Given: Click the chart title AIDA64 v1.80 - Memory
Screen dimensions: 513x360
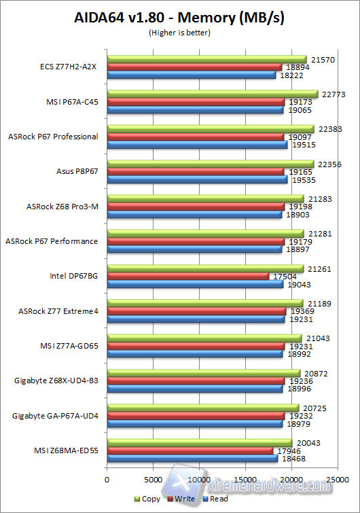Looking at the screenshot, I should point(179,18).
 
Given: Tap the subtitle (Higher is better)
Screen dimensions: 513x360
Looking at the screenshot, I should point(179,32).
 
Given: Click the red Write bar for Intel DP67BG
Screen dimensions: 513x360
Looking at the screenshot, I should point(187,277).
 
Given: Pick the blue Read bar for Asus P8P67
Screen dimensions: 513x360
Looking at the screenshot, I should point(196,179).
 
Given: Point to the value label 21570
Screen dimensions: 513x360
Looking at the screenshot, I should point(322,59).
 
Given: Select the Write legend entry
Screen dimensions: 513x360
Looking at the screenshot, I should point(181,499).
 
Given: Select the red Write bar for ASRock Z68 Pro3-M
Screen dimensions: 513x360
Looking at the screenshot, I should point(195,207).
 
